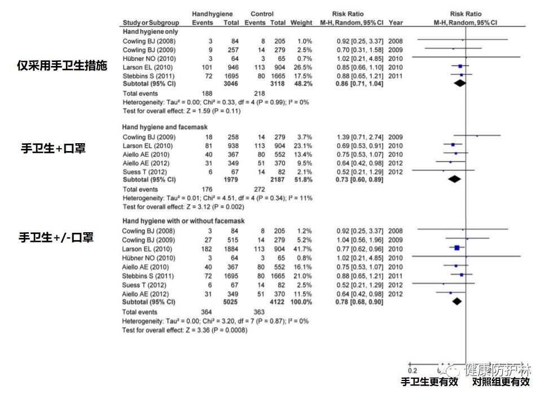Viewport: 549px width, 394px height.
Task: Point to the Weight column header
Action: click(301, 23)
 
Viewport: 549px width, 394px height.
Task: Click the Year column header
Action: click(396, 23)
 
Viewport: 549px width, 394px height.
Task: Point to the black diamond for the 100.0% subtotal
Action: click(456, 302)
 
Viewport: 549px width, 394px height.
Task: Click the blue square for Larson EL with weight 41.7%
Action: click(456, 247)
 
